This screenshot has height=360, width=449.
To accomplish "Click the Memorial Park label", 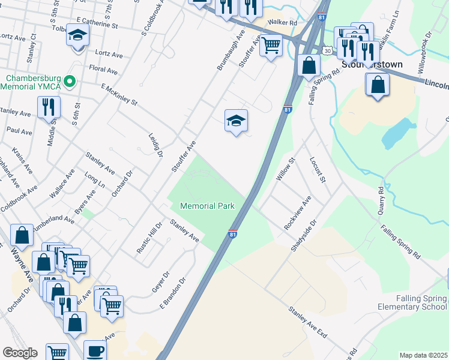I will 207,206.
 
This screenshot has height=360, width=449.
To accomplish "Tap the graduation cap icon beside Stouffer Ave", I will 237,121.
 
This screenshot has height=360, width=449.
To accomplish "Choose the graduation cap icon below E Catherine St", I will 77,35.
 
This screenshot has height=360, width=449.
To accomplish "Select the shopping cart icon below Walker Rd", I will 271,44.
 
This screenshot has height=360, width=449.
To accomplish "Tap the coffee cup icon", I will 95,351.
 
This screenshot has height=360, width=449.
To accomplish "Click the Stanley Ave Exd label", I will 308,322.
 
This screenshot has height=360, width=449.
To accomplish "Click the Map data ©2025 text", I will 423,355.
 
